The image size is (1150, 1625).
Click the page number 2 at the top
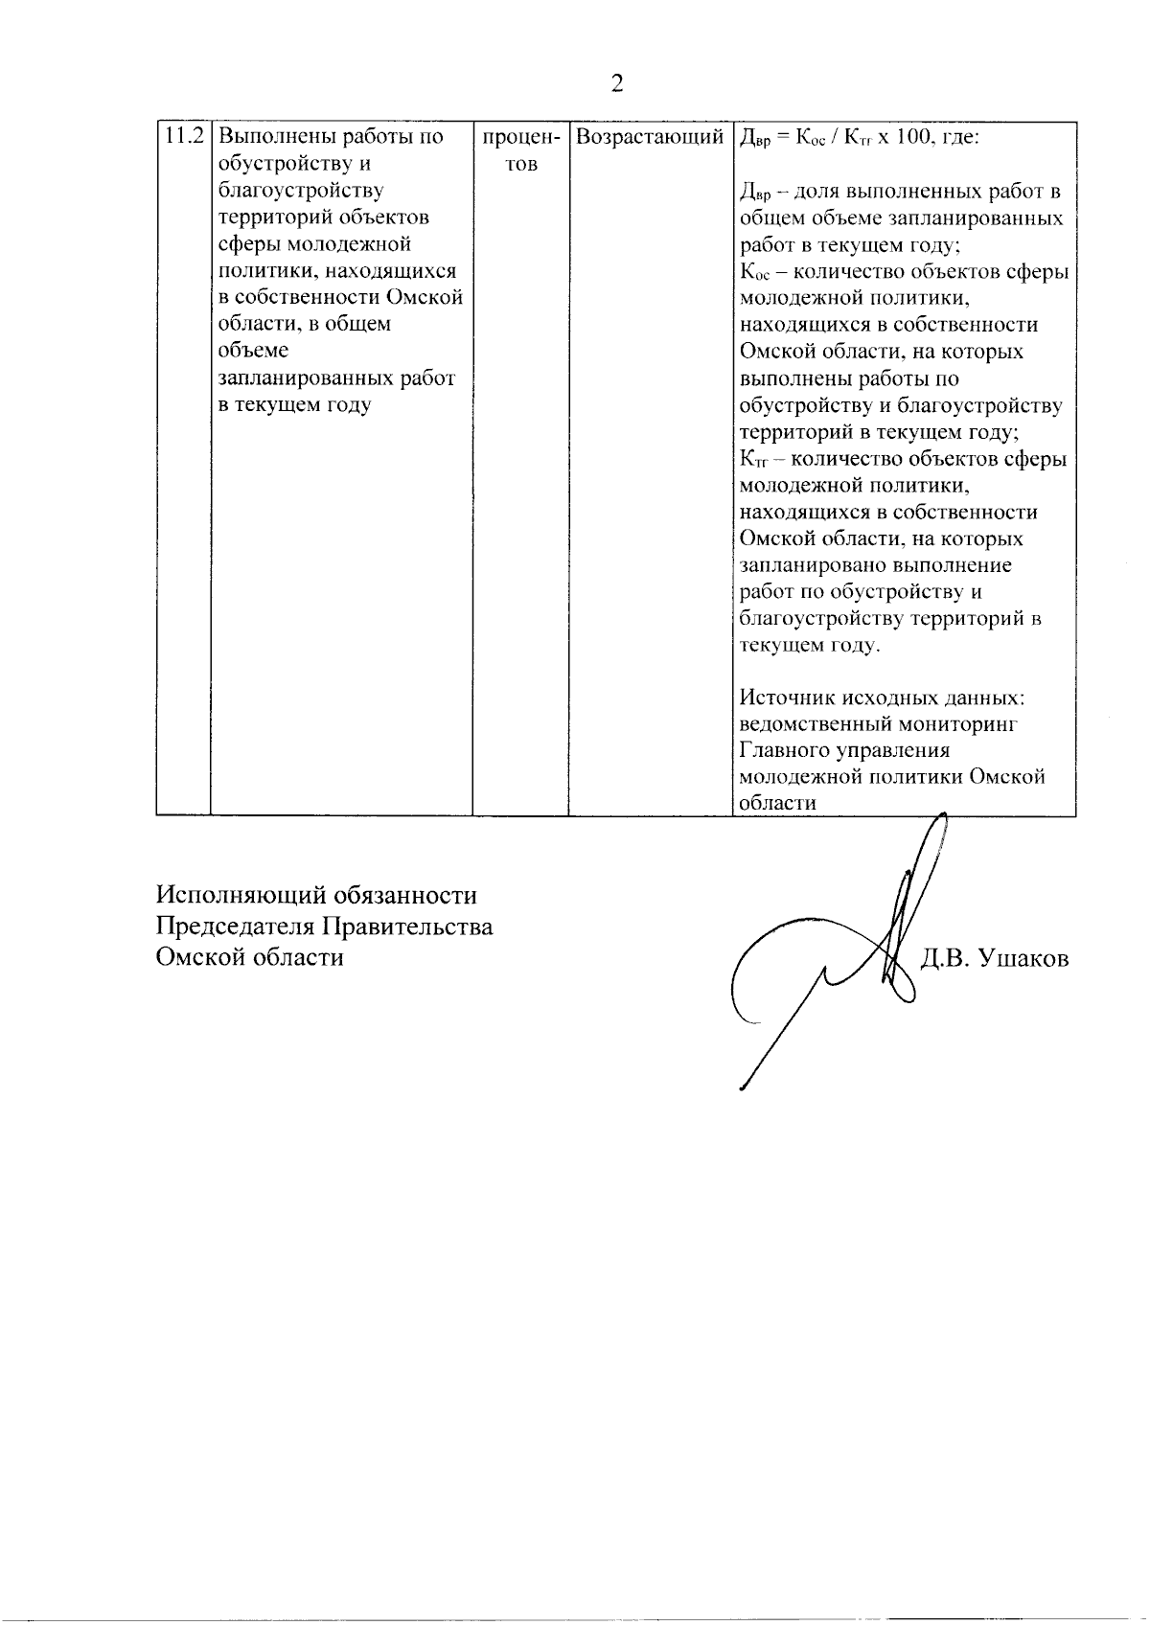[616, 84]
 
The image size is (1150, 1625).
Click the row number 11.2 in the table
[183, 136]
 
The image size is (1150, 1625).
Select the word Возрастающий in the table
[650, 137]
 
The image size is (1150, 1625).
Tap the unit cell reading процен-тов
[520, 150]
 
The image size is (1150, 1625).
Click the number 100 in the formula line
[903, 137]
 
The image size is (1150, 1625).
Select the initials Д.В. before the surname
[945, 958]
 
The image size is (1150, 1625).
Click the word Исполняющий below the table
[243, 896]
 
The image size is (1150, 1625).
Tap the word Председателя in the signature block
[234, 927]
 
